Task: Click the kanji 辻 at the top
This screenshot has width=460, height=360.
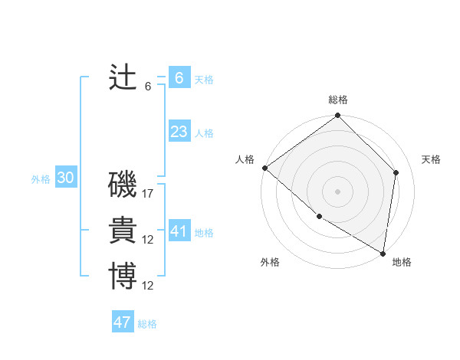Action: [123, 77]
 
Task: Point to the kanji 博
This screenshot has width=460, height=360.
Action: [123, 277]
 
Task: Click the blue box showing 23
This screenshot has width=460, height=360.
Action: [179, 132]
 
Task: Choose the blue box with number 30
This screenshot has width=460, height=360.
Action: [65, 178]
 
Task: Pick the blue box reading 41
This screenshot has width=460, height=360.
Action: [179, 231]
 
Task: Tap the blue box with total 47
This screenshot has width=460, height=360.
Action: [122, 322]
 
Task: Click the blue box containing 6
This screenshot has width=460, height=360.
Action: [179, 77]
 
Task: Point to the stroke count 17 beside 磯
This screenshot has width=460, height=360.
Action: [148, 194]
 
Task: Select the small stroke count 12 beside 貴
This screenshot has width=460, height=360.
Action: [148, 240]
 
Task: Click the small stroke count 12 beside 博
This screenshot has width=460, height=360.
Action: [148, 286]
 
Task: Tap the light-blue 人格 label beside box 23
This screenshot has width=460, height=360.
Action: [204, 133]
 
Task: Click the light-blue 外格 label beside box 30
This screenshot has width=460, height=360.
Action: [41, 179]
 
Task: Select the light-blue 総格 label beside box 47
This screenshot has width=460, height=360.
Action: [147, 324]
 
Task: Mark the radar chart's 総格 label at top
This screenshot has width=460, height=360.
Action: [338, 100]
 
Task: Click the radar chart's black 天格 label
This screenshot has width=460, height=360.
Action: [431, 159]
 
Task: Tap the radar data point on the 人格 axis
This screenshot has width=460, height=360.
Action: [264, 168]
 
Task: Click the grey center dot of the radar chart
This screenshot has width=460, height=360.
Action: [337, 191]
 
